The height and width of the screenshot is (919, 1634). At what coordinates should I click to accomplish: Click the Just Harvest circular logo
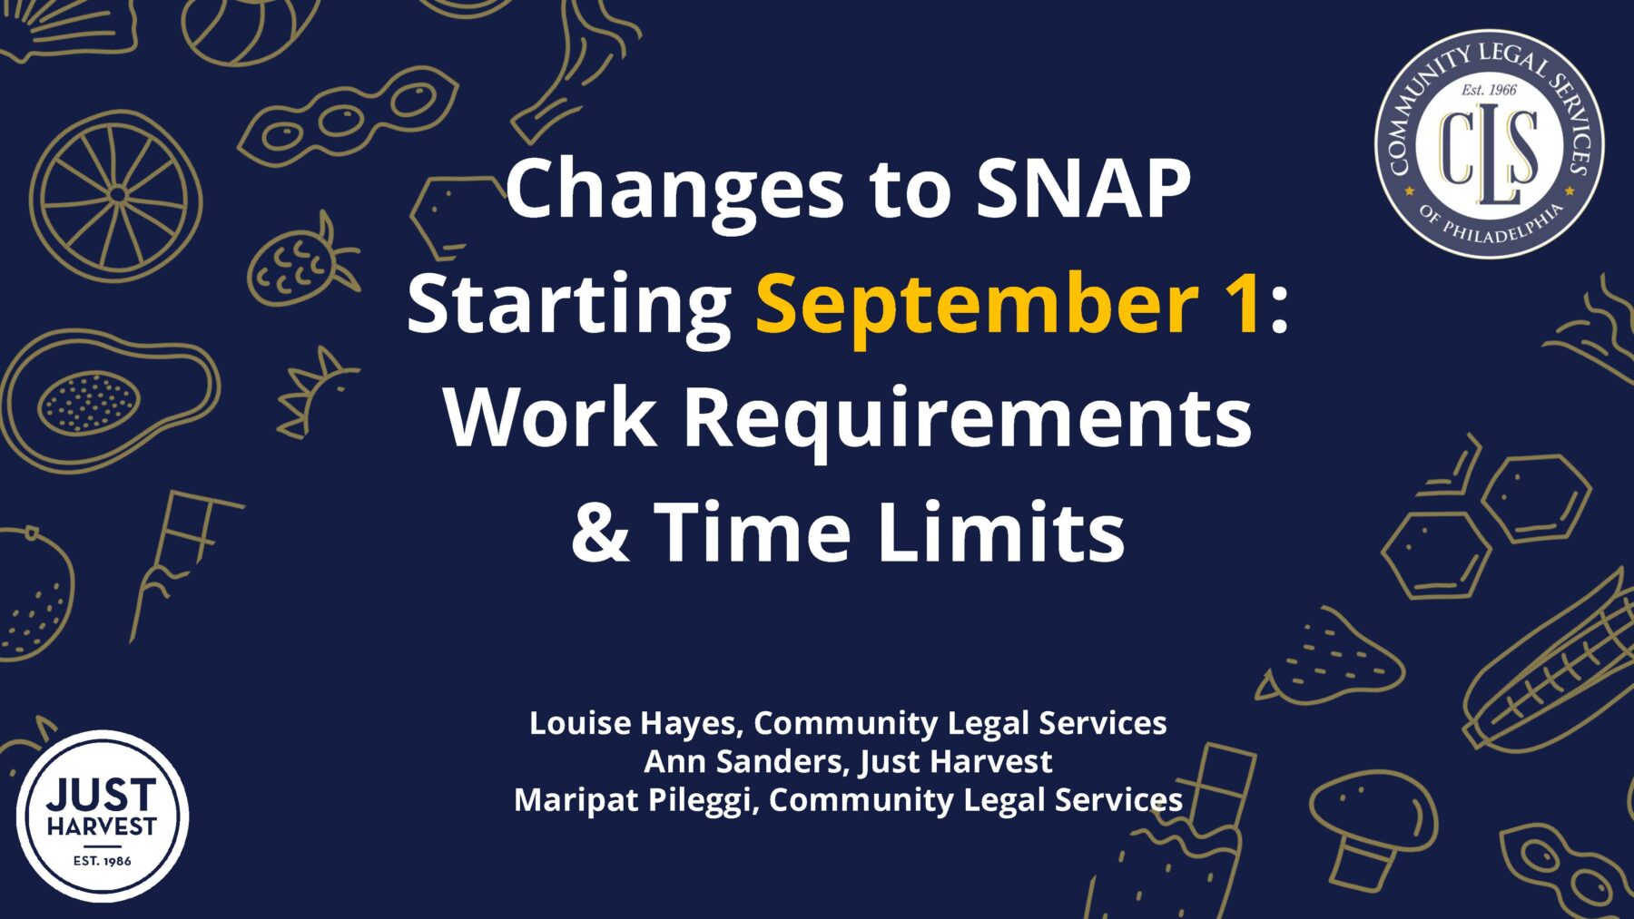(x=102, y=816)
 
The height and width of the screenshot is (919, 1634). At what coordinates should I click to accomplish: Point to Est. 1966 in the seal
(x=1489, y=90)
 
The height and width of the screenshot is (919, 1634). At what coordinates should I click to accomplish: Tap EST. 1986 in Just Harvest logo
(x=102, y=860)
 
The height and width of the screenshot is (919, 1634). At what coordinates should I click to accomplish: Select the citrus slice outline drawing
(x=116, y=195)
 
